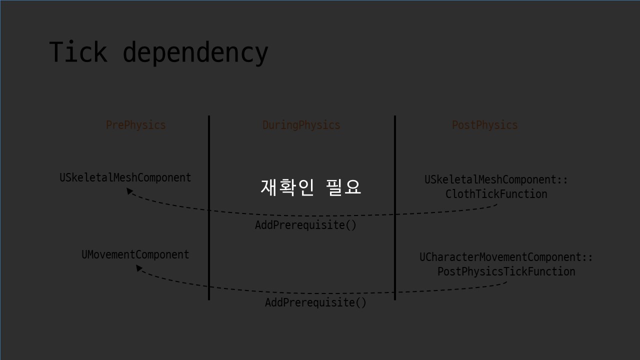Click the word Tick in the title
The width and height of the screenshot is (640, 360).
[x=78, y=52]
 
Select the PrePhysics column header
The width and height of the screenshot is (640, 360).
[x=135, y=125]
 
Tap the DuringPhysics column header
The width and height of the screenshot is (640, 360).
[x=301, y=125]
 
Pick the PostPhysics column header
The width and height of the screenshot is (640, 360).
[x=484, y=125]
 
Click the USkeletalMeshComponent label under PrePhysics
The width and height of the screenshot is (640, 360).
[x=125, y=177]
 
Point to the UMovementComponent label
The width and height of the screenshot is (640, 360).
[x=135, y=254]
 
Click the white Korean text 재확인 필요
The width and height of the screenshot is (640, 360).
[x=310, y=187]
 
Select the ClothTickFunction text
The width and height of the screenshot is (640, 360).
[x=496, y=194]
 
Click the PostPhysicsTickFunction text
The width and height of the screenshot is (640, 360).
[x=506, y=271]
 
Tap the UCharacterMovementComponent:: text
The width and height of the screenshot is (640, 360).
[x=506, y=257]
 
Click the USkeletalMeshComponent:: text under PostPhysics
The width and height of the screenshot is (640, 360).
[x=496, y=179]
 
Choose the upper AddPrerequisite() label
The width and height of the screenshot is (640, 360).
[x=305, y=225]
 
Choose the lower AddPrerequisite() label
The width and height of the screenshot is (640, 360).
[x=315, y=302]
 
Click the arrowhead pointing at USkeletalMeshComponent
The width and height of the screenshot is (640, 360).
[x=129, y=190]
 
